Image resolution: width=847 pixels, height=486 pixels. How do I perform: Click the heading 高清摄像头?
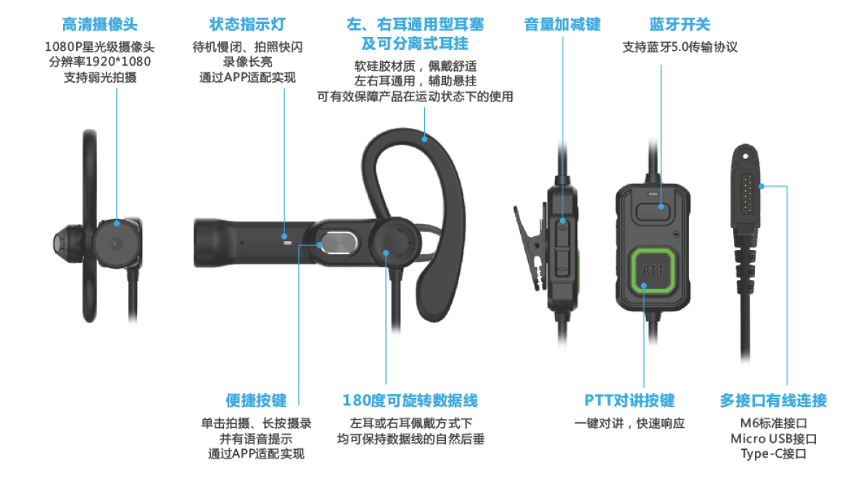coord(99,25)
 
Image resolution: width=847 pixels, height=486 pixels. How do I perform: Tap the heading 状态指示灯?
coord(247,25)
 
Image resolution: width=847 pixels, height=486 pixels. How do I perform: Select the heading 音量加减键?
coord(562,25)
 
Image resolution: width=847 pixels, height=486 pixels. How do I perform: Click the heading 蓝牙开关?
coord(679,25)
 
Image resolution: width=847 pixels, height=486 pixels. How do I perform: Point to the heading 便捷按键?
coord(256,401)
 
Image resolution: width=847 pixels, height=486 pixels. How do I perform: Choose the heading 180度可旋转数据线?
coord(410,401)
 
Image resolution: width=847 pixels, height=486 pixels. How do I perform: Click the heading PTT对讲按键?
coord(629,401)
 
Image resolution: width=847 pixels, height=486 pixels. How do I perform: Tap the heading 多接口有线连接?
coord(773,401)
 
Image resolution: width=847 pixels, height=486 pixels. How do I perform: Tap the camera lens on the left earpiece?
coord(115,243)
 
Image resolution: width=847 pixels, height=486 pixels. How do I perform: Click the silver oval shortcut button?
coord(339,243)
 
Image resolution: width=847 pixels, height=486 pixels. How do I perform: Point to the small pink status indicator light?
coord(287,243)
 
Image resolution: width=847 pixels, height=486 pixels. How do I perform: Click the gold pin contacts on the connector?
coord(748,193)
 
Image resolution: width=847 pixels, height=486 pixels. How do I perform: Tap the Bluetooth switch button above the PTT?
coord(653,210)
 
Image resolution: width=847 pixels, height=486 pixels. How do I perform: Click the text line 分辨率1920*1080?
coord(100,62)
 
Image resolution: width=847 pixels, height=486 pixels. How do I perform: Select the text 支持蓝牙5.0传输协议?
coord(679,47)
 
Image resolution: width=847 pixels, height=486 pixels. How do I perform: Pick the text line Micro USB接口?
coord(773,438)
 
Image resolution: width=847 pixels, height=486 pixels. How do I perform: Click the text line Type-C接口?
coord(773,453)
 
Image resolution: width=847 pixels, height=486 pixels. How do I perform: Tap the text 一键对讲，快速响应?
coord(629,424)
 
